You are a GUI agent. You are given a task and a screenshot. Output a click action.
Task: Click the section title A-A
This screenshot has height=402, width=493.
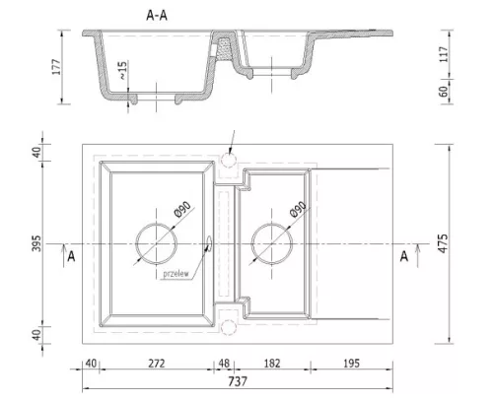[157, 16]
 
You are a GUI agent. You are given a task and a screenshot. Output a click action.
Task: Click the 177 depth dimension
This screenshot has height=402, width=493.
[56, 67]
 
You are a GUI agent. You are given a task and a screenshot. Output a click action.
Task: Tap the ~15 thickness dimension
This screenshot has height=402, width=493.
[122, 70]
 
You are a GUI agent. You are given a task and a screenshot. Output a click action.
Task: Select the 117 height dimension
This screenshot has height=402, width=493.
[444, 54]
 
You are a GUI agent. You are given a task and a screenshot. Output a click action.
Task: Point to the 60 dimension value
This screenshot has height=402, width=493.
[444, 92]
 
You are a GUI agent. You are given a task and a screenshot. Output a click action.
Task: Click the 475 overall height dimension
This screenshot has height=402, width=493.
[444, 243]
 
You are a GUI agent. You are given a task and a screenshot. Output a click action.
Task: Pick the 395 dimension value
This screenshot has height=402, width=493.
[36, 243]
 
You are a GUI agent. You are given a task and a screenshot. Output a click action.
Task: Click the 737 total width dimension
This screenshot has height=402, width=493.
[238, 381]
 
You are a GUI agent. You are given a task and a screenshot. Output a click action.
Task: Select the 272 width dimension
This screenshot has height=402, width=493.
[157, 364]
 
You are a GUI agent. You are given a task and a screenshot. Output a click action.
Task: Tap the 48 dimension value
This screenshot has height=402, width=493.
[224, 364]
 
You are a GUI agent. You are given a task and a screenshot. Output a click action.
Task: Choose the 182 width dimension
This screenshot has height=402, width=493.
[272, 364]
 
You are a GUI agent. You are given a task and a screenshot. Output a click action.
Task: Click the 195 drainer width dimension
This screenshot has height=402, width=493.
[351, 364]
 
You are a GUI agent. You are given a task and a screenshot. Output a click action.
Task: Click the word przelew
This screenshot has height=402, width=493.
[176, 274]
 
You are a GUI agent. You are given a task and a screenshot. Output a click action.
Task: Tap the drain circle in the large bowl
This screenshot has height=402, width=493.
[156, 223]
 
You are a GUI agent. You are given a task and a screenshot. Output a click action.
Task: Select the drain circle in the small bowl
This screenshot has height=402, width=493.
[272, 223]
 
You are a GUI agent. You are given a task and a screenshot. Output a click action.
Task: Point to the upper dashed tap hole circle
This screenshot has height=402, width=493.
[229, 153]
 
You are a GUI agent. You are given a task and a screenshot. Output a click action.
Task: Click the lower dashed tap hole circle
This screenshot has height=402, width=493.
[229, 320]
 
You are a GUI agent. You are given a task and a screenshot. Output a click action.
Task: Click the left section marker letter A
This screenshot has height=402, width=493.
[71, 256]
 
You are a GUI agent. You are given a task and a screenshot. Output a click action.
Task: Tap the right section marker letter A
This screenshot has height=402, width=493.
[404, 256]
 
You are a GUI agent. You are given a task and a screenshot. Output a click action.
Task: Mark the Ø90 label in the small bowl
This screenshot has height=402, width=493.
[299, 209]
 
